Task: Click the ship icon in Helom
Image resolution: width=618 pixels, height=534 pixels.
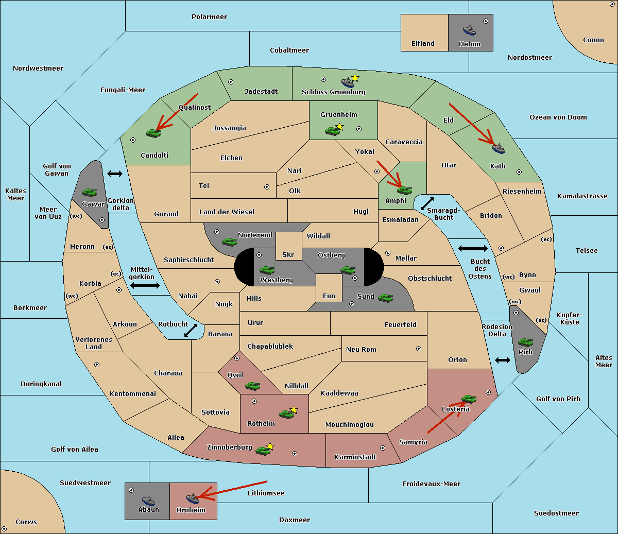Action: tap(469, 30)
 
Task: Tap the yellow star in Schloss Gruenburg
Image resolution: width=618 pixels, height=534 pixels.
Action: tap(355, 78)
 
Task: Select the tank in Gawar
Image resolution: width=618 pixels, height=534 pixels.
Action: tap(90, 192)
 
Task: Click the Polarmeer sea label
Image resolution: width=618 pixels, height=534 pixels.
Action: tap(209, 17)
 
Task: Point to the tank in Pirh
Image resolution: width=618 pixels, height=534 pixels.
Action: tap(525, 342)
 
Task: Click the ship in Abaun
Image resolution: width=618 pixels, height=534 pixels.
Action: tap(148, 501)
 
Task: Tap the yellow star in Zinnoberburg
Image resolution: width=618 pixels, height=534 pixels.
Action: tap(270, 446)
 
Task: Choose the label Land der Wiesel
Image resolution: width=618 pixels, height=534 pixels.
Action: tap(227, 212)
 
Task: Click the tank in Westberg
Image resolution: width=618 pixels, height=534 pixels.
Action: tap(267, 270)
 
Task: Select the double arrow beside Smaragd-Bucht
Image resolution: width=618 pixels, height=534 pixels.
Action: tap(427, 203)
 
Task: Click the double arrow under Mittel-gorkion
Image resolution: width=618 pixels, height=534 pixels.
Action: tap(145, 285)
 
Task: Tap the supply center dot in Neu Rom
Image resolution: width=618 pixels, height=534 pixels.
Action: tap(419, 349)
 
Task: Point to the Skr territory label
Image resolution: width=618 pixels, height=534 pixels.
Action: tap(288, 254)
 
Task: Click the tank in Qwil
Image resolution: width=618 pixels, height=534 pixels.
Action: tap(252, 386)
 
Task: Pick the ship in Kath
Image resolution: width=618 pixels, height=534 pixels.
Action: tap(499, 148)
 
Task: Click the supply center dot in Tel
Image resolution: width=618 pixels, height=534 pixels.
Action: tap(267, 187)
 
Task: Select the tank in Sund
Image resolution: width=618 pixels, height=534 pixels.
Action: tap(385, 298)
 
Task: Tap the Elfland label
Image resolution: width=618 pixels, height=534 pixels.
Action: tap(423, 44)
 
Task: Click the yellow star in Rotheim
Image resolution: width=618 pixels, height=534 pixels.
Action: tap(294, 409)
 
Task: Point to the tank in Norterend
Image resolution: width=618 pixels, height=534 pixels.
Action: tap(229, 242)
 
